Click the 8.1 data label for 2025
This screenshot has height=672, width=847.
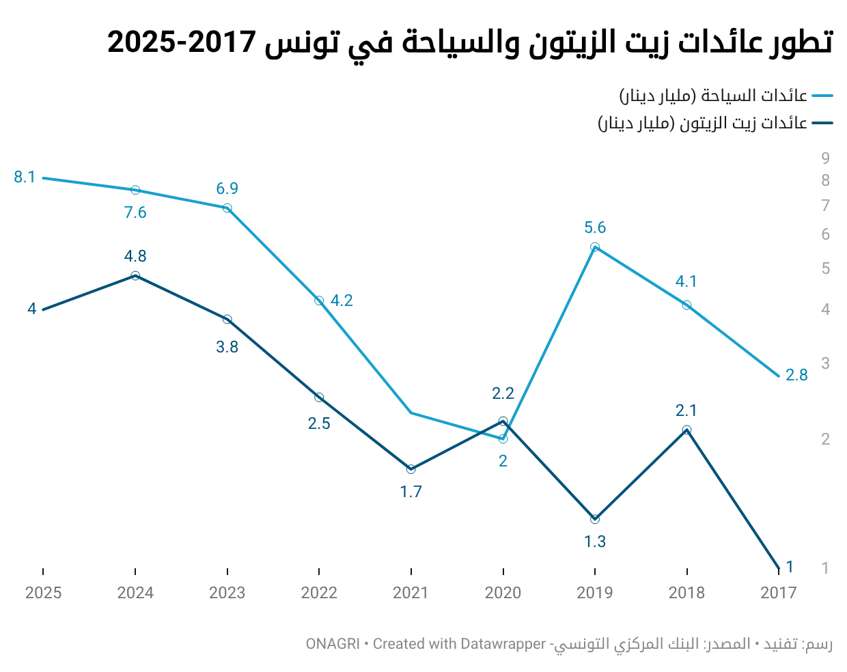25,177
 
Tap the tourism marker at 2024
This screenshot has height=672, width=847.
135,191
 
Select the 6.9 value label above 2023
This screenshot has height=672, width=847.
227,188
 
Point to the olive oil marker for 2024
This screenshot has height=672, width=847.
135,276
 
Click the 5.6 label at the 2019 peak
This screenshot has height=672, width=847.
595,227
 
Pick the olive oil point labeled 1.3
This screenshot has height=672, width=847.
595,519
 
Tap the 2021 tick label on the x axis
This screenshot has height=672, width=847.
411,593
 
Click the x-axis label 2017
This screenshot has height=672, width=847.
778,593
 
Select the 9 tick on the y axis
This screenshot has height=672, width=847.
825,158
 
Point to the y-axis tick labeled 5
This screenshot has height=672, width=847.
825,268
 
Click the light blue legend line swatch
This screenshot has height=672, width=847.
822,96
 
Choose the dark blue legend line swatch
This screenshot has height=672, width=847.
822,123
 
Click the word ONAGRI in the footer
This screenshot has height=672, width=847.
333,644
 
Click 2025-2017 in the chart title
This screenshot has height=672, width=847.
182,42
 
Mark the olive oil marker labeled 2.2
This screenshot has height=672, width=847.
503,421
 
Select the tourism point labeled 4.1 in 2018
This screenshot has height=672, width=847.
686,305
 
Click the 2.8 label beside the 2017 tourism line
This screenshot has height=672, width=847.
796,376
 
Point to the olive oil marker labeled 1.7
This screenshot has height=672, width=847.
411,469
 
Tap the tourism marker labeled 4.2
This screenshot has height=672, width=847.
319,301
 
